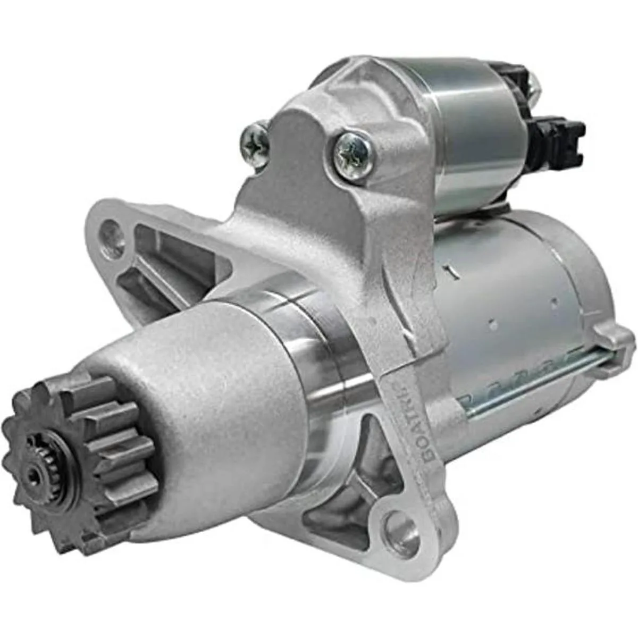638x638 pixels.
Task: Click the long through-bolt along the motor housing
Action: pyautogui.click(x=532, y=377)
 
